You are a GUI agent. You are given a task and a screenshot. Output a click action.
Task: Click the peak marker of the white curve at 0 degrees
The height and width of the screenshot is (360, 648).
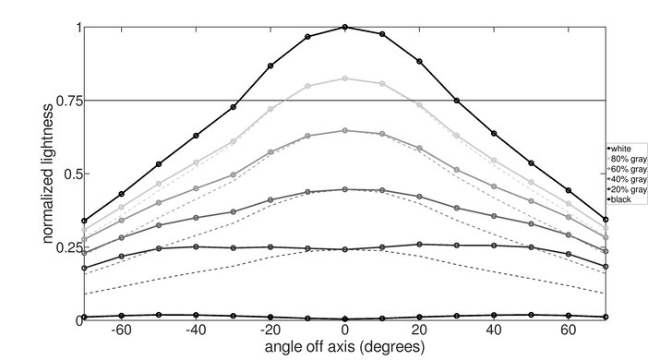tap(345, 27)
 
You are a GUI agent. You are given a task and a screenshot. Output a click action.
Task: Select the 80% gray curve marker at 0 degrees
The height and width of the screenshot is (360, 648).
tap(345, 78)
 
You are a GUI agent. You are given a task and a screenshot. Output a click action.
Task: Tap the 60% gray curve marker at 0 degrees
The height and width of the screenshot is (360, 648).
tap(345, 130)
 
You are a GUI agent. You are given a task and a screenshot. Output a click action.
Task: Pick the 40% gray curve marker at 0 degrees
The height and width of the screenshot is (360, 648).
tap(345, 189)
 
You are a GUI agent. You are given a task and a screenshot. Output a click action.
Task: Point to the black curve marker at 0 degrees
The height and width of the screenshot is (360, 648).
tap(345, 318)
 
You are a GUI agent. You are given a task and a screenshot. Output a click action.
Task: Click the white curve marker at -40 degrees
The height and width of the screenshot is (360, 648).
tap(196, 136)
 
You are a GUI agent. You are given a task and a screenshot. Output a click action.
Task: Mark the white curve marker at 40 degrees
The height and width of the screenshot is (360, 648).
tap(494, 133)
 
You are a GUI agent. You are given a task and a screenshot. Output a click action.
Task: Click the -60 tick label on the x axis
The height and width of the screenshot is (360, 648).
tap(119, 330)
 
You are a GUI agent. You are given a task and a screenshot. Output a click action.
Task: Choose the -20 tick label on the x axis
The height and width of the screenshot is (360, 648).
tap(269, 330)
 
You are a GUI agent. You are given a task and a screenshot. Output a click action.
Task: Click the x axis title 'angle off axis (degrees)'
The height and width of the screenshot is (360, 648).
tap(344, 348)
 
